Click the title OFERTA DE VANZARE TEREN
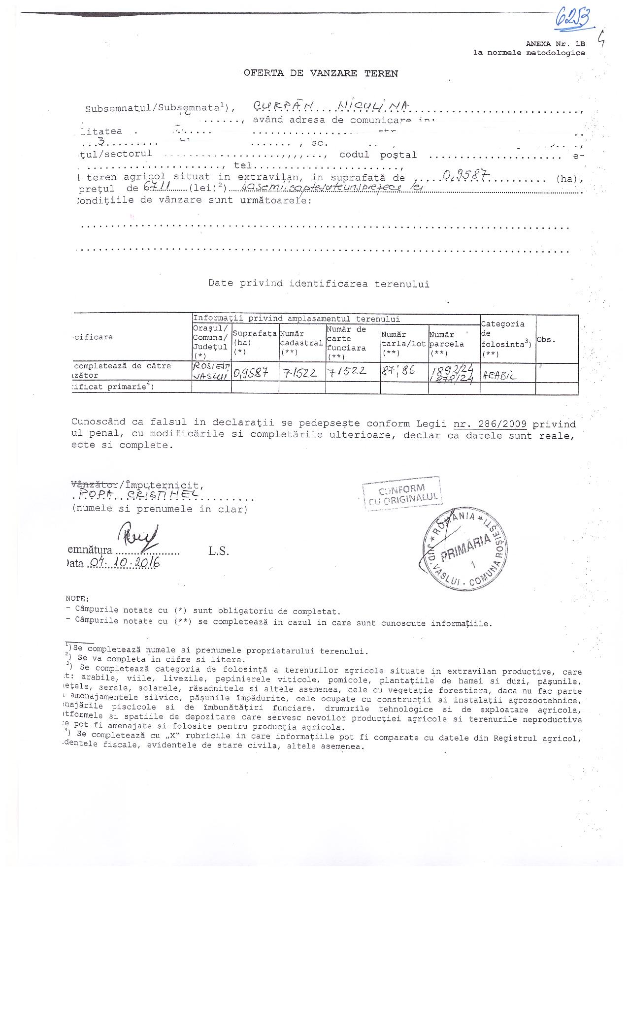(x=321, y=73)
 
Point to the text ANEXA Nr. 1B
(x=555, y=44)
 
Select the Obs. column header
(x=546, y=340)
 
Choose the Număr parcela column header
(x=446, y=344)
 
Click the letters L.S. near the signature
(x=218, y=551)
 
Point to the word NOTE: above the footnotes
(x=77, y=599)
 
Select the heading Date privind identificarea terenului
(x=319, y=284)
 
